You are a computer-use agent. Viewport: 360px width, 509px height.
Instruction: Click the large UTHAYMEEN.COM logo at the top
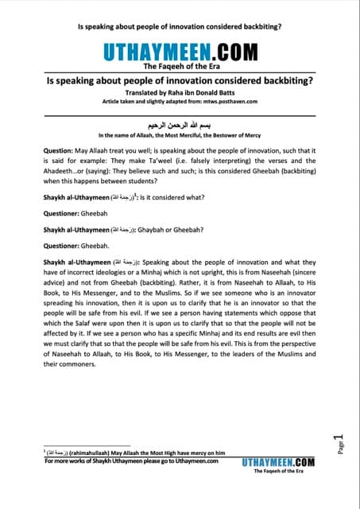pyautogui.click(x=180, y=53)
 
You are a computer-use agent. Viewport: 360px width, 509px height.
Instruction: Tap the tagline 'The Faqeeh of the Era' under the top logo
pyautogui.click(x=180, y=68)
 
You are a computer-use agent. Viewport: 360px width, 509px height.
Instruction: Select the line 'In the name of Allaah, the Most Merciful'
pyautogui.click(x=180, y=136)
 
